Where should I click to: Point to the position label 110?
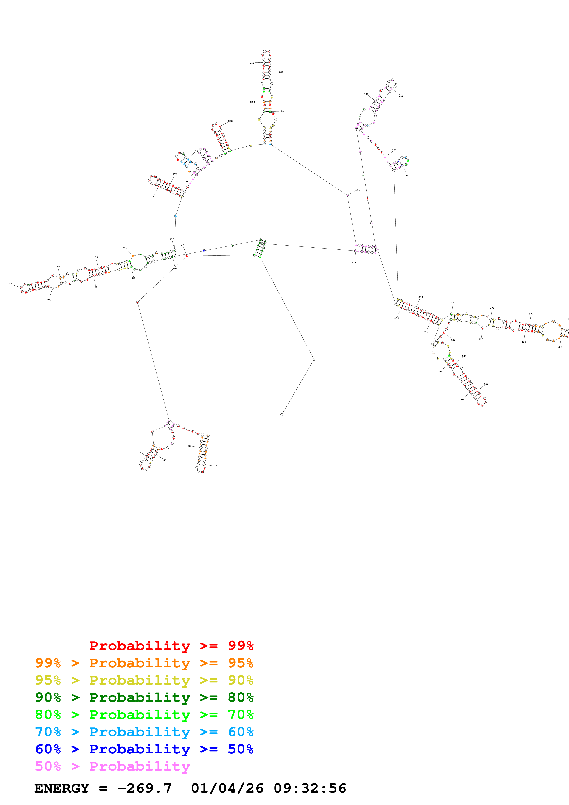click(x=10, y=284)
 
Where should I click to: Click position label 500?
click(x=354, y=263)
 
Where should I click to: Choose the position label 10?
click(x=216, y=466)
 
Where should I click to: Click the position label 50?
click(x=137, y=450)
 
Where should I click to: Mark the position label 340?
click(x=408, y=176)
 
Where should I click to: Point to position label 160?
click(x=154, y=197)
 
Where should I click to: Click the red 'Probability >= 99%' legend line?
click(x=171, y=646)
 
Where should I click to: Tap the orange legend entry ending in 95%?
click(x=144, y=663)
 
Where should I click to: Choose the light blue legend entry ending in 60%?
click(x=144, y=732)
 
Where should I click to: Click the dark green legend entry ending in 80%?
click(x=144, y=697)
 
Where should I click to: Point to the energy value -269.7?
click(x=144, y=788)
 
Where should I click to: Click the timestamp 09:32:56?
click(x=310, y=788)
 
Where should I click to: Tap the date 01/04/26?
click(x=227, y=788)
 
